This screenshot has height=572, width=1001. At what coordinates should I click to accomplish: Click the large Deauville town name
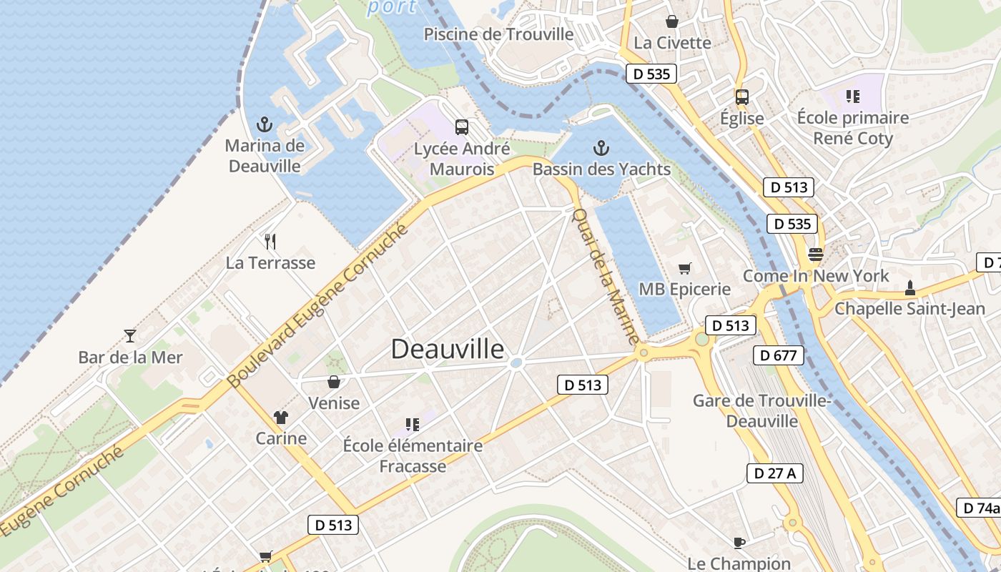448,349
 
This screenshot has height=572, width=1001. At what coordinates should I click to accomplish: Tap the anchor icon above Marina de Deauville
265,125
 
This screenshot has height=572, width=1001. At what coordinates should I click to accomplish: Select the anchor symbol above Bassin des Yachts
601,149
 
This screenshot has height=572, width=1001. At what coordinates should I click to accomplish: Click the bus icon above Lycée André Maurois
462,127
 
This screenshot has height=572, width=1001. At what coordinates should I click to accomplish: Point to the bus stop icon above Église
742,97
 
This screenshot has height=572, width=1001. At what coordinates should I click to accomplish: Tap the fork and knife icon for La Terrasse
270,242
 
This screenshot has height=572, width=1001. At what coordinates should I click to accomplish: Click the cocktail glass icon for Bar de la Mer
130,335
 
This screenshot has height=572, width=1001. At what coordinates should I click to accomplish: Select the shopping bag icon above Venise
333,382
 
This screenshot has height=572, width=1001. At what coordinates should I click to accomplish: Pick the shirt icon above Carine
280,418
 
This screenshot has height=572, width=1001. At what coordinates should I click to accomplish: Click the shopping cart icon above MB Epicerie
684,268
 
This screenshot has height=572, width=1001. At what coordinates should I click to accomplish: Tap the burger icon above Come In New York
815,254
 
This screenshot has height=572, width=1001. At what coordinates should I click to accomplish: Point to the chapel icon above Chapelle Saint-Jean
909,287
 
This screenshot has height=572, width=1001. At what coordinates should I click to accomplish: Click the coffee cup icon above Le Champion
739,543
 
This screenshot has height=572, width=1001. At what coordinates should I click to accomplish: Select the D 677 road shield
778,355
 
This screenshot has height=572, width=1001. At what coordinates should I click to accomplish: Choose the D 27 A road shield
775,473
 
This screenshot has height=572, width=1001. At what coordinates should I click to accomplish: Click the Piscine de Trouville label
498,34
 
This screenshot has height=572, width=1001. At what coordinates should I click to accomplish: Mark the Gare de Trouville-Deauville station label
761,410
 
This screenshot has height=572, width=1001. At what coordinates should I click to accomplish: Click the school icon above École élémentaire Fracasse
412,425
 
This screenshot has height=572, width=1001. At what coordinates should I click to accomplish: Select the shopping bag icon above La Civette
671,21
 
